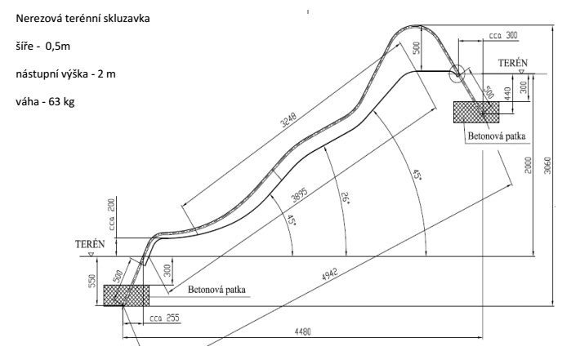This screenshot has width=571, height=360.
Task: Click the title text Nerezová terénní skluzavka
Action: click(x=83, y=19)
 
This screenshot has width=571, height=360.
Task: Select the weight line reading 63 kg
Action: click(x=45, y=101)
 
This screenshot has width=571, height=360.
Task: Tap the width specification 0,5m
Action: click(x=57, y=47)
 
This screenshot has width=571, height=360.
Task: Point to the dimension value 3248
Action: click(x=289, y=120)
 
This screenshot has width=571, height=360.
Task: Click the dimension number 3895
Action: click(x=300, y=195)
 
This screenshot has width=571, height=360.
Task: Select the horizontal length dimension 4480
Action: click(x=302, y=332)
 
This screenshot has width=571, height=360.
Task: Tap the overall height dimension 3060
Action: click(x=547, y=165)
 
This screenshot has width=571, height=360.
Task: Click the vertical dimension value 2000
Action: click(x=529, y=165)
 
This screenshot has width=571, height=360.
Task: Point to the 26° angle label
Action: click(x=345, y=197)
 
